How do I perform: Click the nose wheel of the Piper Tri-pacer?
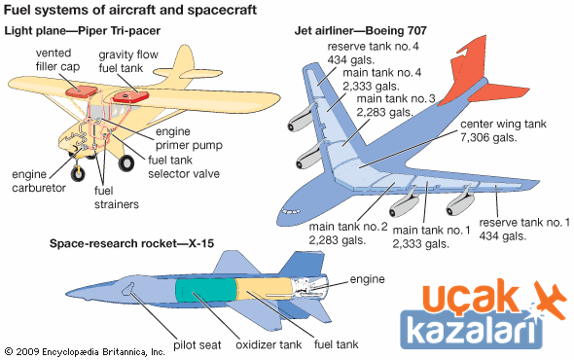coord(78,172)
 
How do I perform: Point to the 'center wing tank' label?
coord(503,125)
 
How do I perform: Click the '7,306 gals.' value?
coord(488,138)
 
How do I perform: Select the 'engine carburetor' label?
coord(39,181)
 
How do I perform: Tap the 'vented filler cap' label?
coord(57,59)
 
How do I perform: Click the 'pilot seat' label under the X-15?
coord(197,344)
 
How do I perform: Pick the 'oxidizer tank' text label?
coord(269,344)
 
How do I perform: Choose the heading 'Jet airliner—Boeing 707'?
coord(361,30)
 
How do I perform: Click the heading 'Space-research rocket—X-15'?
coord(131,243)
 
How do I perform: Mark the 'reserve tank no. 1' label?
coord(524,222)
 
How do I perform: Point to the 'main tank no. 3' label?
coord(396,98)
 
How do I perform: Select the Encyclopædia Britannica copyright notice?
coord(85,352)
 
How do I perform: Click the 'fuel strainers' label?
coord(117,198)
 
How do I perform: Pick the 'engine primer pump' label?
coord(189,138)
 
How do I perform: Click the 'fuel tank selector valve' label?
coord(184,167)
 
